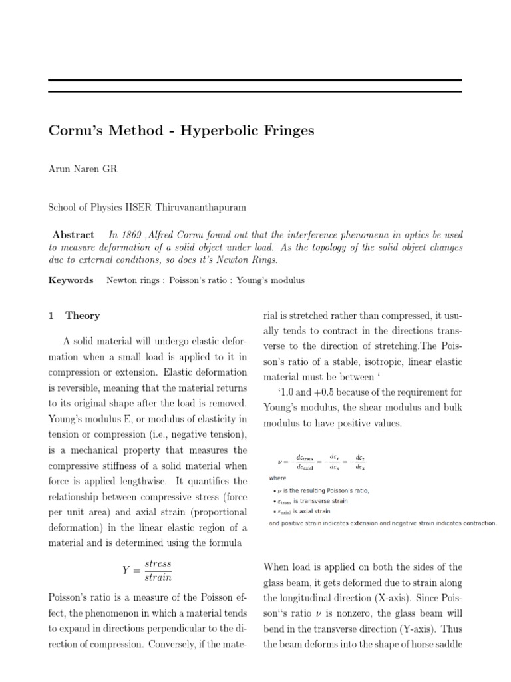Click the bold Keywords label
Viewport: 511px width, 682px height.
pos(71,280)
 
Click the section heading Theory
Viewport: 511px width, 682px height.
pos(83,316)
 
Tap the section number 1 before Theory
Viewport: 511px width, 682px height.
pos(51,316)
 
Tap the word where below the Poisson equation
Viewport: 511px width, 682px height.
pos(277,478)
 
